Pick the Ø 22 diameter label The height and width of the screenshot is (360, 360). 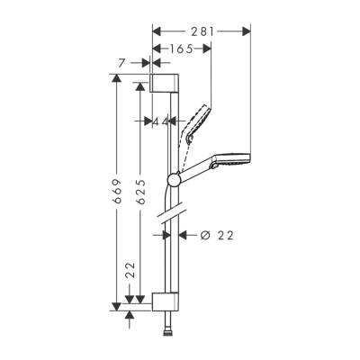215,235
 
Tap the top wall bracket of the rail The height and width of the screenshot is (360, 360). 166,85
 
